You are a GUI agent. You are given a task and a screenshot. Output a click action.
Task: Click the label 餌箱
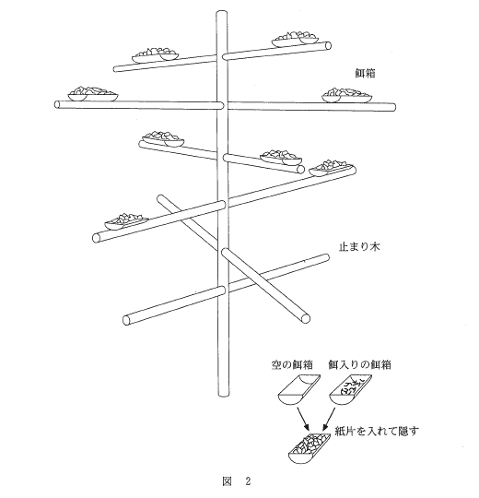365,74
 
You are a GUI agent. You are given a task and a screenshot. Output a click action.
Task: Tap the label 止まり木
359,247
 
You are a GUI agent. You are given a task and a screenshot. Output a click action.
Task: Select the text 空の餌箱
292,364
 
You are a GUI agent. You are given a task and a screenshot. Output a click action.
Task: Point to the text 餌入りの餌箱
359,364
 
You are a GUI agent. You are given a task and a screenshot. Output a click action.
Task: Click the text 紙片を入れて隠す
377,431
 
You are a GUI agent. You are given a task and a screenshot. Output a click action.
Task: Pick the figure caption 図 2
237,481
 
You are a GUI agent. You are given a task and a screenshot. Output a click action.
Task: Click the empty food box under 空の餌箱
298,389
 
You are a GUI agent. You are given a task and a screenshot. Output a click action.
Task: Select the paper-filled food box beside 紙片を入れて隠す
309,448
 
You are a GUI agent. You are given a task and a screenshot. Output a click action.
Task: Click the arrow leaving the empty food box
302,419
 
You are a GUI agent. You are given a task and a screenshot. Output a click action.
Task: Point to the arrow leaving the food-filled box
329,419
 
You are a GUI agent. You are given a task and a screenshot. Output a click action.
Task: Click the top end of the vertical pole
222,12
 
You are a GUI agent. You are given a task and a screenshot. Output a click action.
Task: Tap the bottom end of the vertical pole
223,395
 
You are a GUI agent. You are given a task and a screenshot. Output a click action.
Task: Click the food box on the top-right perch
295,39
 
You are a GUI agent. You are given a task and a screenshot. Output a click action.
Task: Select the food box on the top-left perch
156,54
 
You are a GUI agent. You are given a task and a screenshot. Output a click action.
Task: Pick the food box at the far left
93,94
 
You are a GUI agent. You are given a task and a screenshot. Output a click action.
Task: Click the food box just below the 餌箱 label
347,95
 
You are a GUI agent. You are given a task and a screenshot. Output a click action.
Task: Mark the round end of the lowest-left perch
127,320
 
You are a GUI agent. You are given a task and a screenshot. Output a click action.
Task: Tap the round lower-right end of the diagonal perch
305,318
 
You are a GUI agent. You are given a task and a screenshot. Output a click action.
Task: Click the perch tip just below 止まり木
325,257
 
